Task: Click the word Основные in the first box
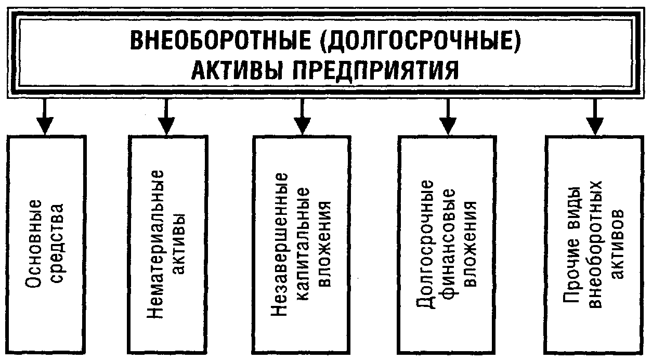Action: (34, 243)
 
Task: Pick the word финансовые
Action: (448, 243)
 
